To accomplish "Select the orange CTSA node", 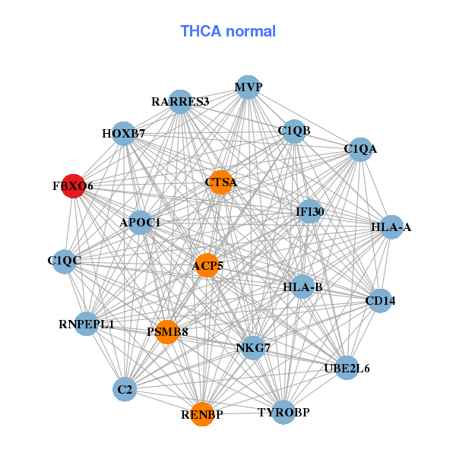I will click(x=220, y=182).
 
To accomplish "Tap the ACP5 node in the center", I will click(x=207, y=265).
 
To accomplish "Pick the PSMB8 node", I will click(x=167, y=331).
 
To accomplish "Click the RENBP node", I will click(x=202, y=414).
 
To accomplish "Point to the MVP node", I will click(x=248, y=87).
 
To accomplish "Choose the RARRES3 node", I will click(x=180, y=101).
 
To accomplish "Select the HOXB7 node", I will click(x=124, y=135).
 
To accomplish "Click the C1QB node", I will click(x=293, y=131).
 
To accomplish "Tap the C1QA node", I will click(x=359, y=149).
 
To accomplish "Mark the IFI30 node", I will click(x=310, y=211).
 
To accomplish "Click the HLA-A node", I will click(x=391, y=226).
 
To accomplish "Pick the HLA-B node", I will click(x=303, y=287).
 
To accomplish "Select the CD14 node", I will click(x=379, y=301).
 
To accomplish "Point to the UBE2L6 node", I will click(x=347, y=369).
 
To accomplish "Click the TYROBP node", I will click(x=283, y=413).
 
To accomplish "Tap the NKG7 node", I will click(x=253, y=347).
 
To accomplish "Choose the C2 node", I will click(x=125, y=390).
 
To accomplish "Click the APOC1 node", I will click(x=141, y=223).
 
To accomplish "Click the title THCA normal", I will click(x=228, y=31).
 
